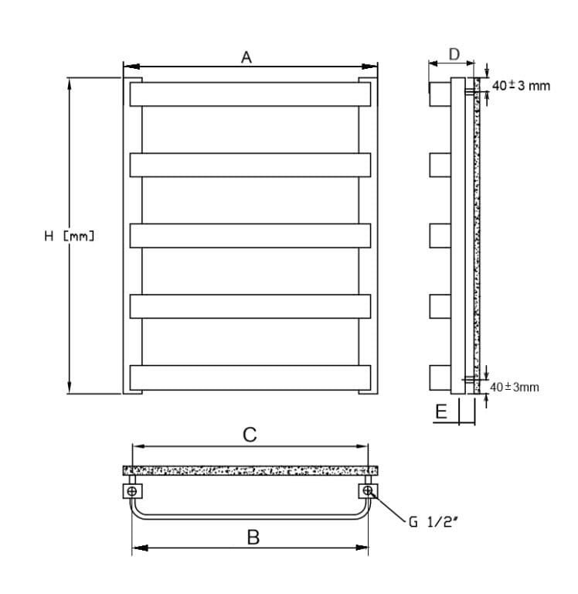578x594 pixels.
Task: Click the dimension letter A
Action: click(x=246, y=57)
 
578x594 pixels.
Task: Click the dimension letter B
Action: click(x=253, y=537)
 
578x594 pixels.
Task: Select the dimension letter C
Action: click(x=250, y=435)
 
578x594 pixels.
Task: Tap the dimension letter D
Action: click(x=454, y=54)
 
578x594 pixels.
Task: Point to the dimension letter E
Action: click(x=441, y=411)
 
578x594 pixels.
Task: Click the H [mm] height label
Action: click(x=70, y=237)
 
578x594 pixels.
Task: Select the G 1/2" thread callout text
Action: click(x=433, y=522)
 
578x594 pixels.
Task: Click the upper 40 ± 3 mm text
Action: click(x=521, y=86)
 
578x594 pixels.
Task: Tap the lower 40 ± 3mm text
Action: click(x=514, y=387)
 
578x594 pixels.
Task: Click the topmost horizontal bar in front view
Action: click(x=250, y=94)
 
